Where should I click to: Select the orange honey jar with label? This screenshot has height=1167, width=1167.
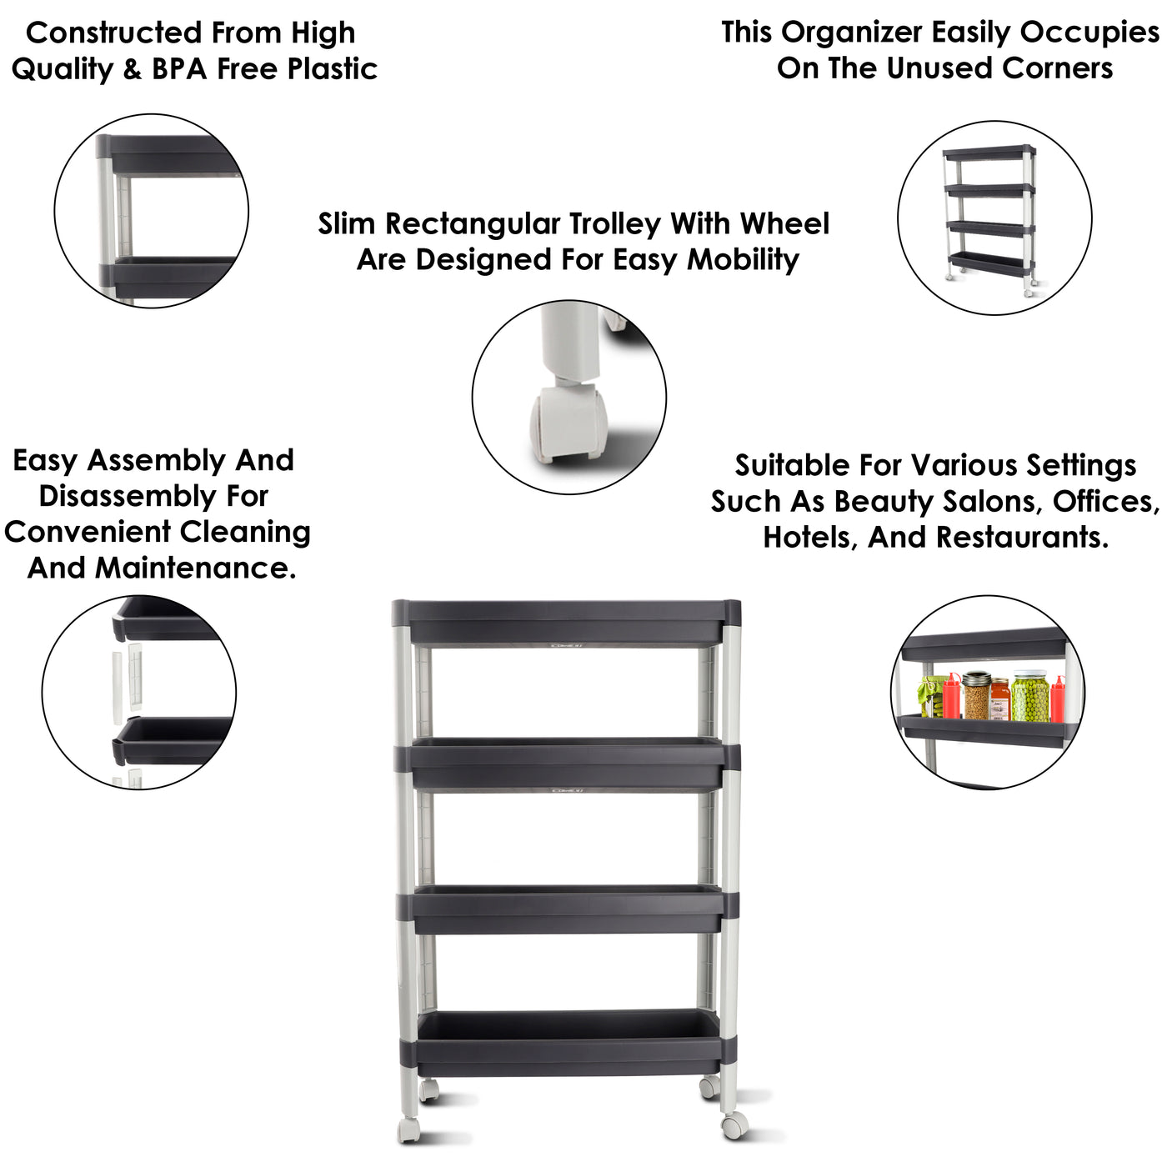pos(1000,699)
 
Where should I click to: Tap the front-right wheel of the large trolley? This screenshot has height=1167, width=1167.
pos(734,1126)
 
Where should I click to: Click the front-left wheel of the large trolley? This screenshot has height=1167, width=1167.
pos(409,1129)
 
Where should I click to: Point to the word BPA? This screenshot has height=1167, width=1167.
pos(180,69)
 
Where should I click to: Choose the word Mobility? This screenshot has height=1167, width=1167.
pos(743,261)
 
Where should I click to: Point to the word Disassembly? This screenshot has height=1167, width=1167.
pos(128,497)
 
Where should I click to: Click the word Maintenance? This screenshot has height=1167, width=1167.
pos(196,568)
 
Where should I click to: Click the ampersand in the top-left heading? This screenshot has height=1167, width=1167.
pos(133,69)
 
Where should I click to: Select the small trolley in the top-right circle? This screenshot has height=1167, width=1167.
pos(989,220)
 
